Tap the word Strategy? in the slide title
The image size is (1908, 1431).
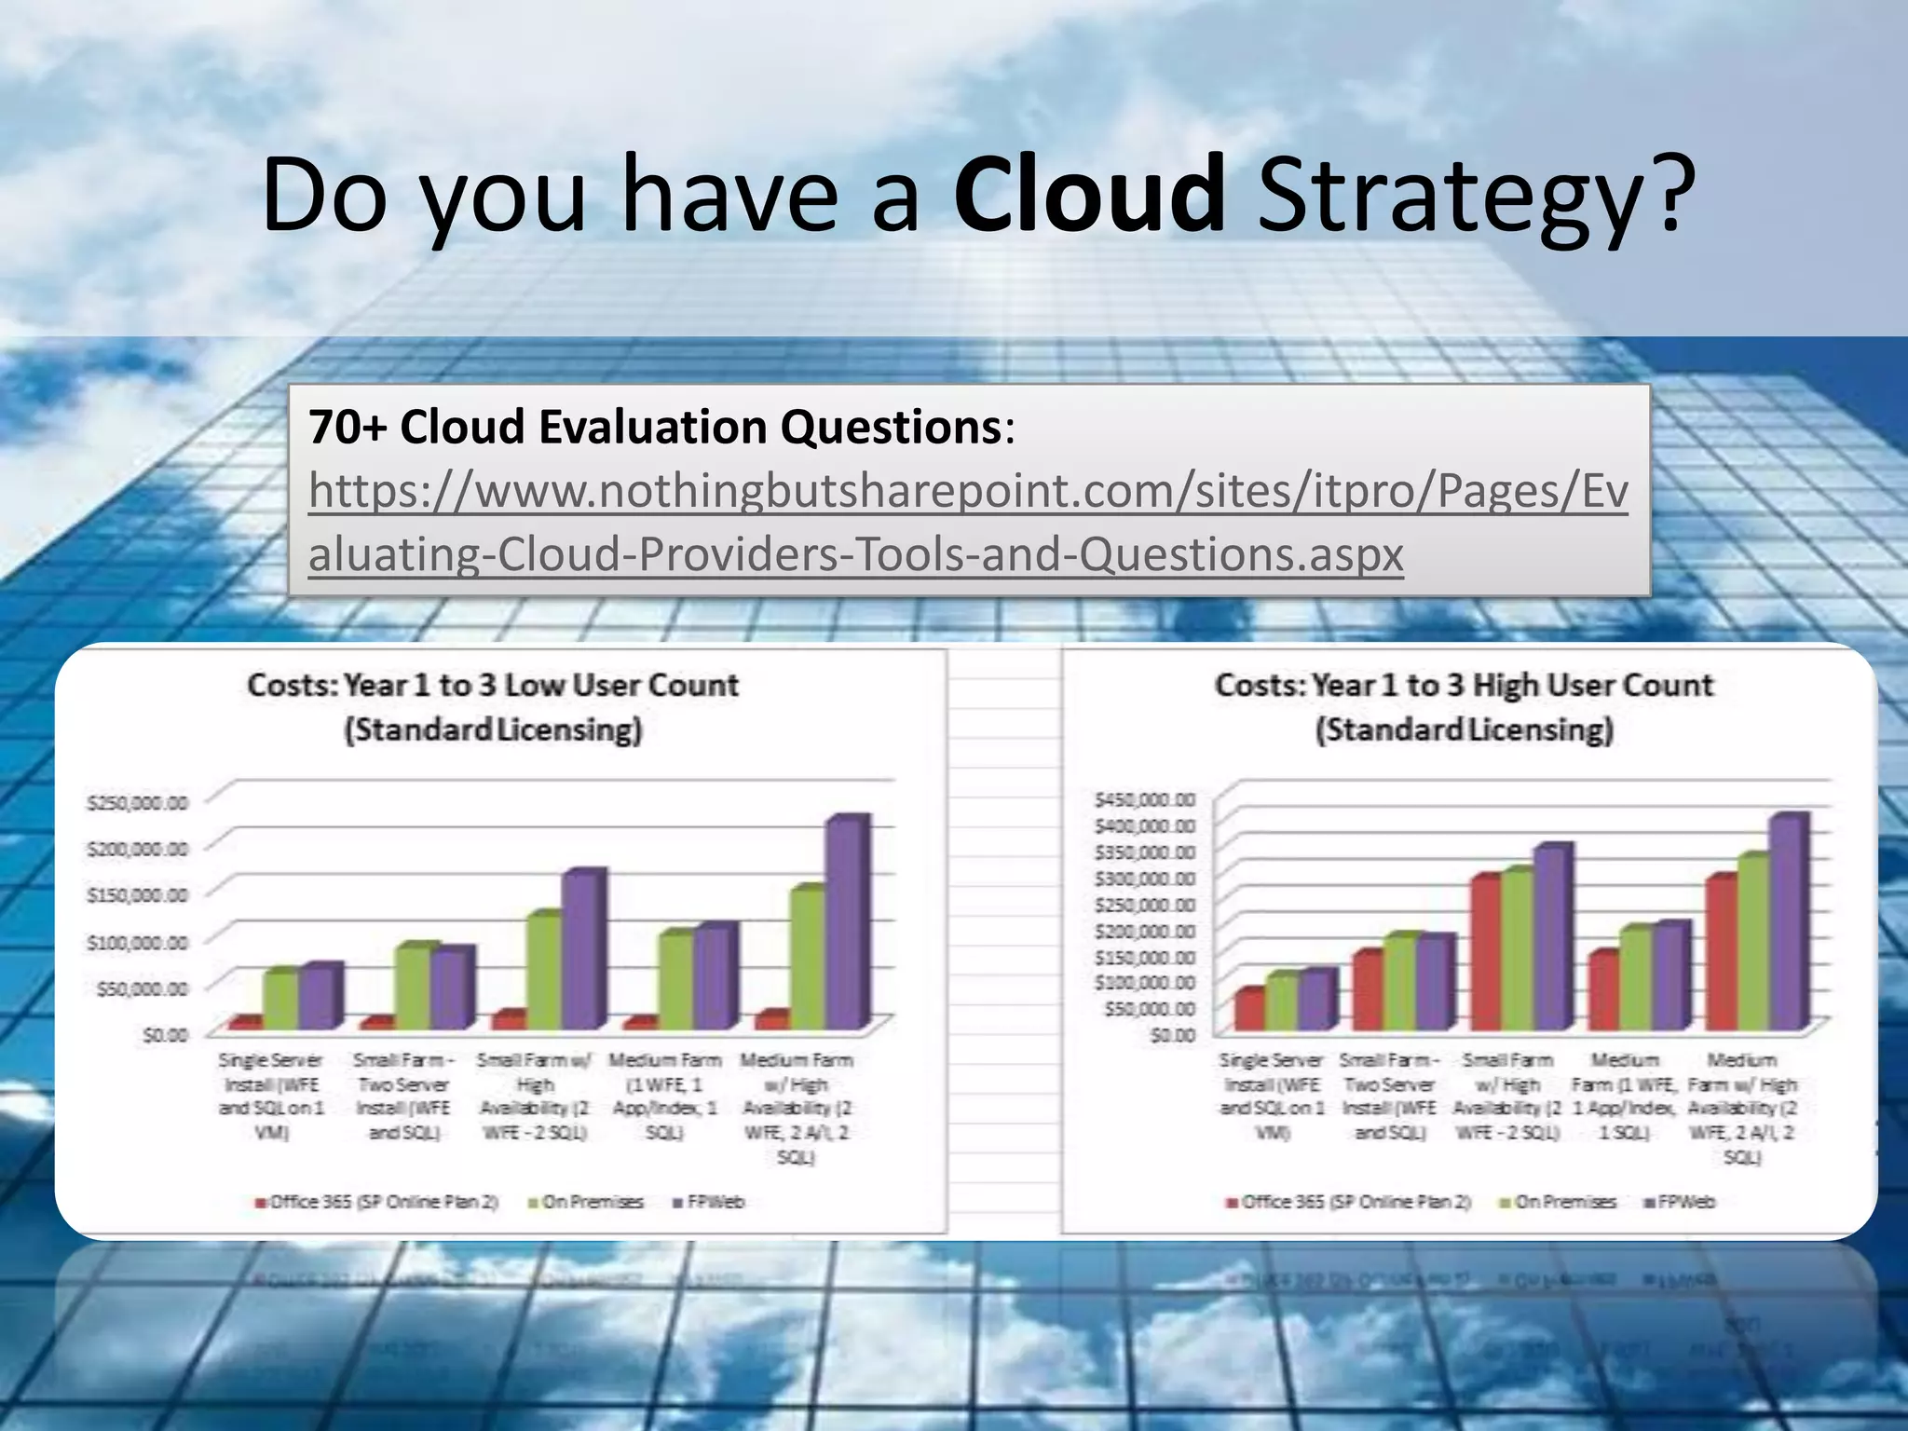click(x=1472, y=196)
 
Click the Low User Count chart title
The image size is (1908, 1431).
click(x=493, y=706)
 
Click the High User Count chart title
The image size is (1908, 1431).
click(x=1464, y=706)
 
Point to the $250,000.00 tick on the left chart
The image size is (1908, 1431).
click(x=138, y=802)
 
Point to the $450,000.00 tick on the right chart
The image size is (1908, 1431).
click(x=1145, y=799)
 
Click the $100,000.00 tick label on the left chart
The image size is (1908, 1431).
click(x=138, y=942)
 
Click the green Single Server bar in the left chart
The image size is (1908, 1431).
click(x=279, y=999)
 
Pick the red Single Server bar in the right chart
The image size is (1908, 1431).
click(x=1248, y=1010)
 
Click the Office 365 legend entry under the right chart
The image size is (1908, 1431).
click(x=1348, y=1202)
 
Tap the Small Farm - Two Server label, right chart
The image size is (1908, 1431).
click(x=1388, y=1096)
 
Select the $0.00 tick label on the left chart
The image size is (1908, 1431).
click(x=165, y=1034)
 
